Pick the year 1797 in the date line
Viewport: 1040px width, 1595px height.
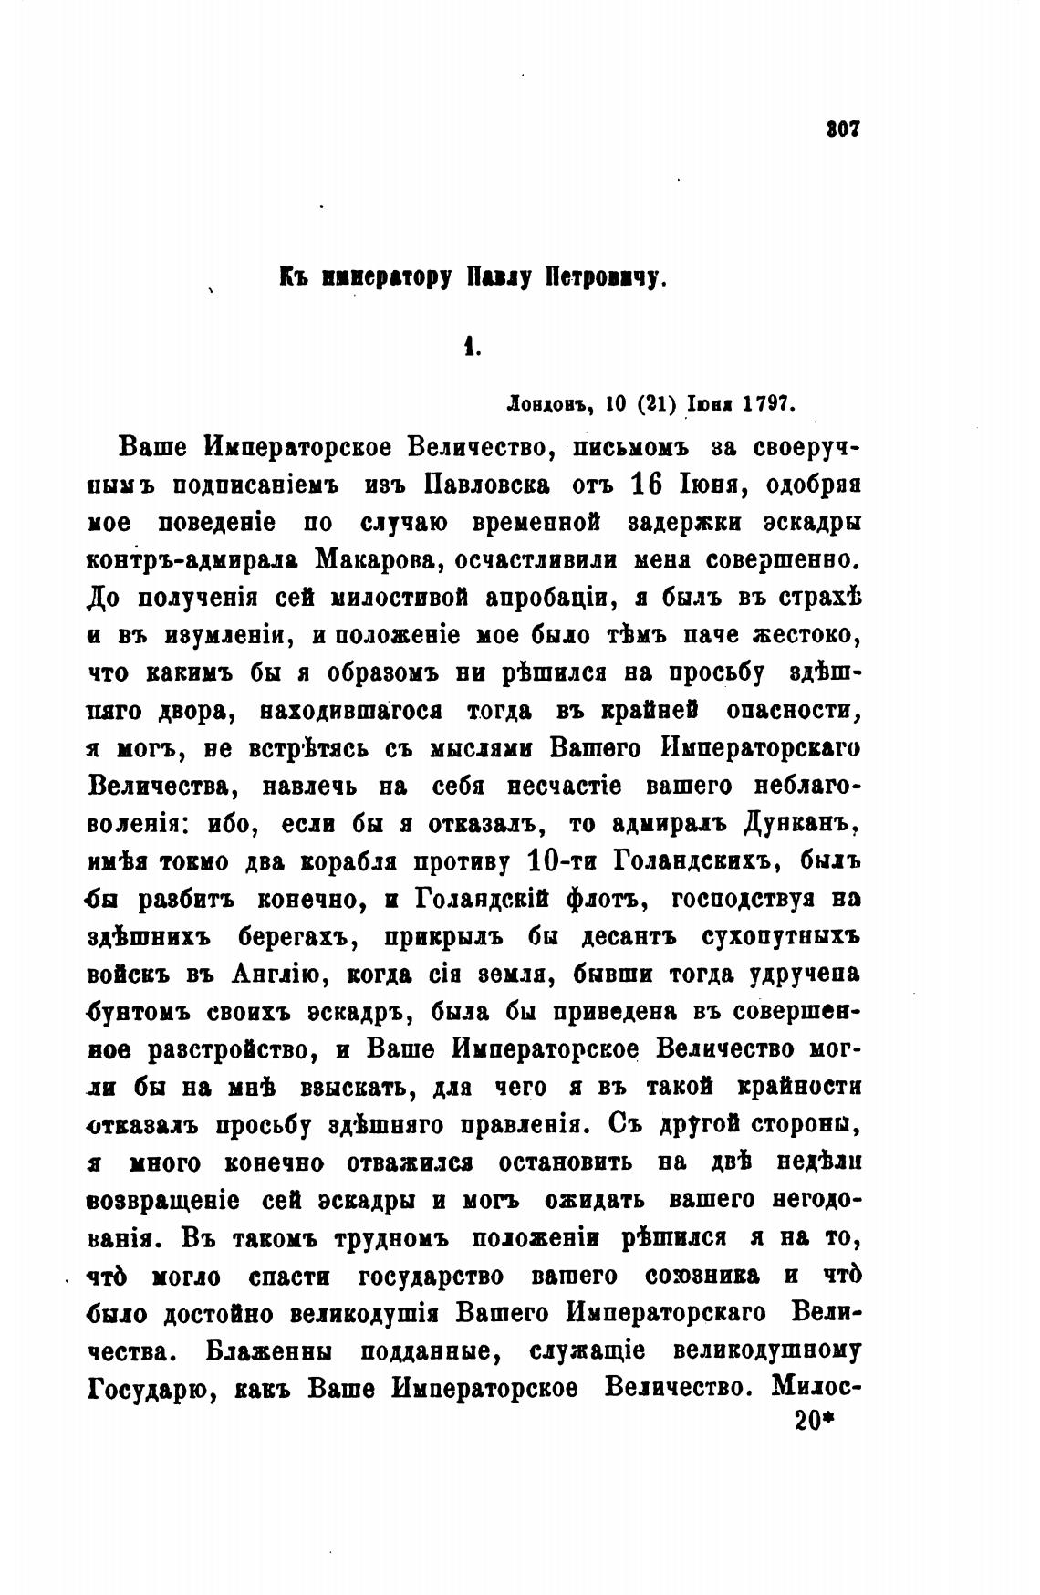[769, 403]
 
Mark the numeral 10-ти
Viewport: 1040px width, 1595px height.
[563, 860]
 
